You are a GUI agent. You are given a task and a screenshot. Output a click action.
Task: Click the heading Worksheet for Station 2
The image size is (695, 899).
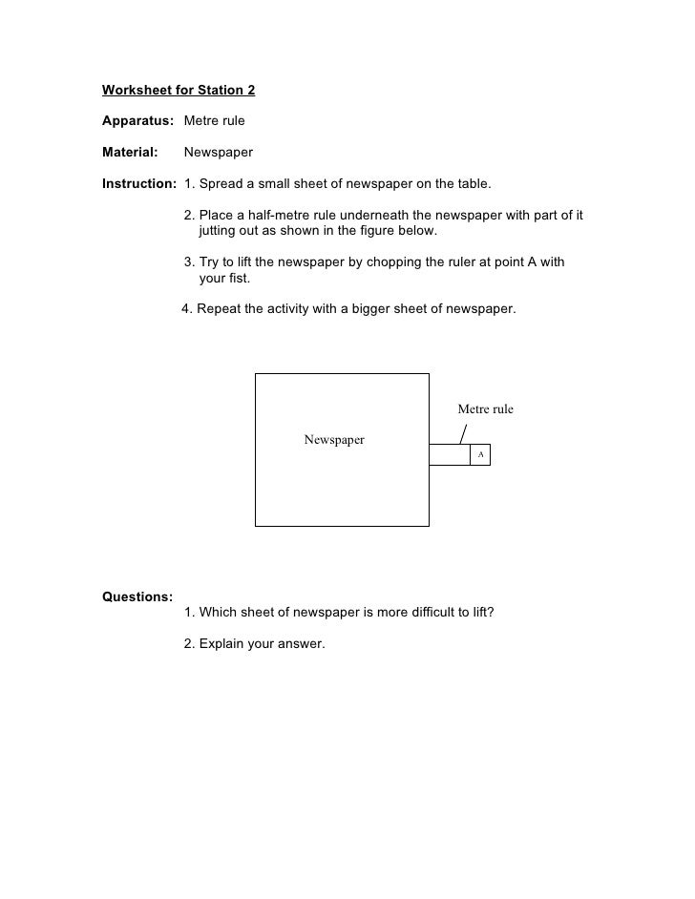point(179,92)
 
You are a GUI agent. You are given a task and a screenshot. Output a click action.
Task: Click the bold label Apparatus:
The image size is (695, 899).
point(137,122)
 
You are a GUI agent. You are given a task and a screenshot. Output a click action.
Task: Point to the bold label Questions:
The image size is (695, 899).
point(137,596)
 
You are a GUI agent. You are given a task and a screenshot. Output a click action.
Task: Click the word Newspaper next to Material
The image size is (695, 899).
point(218,153)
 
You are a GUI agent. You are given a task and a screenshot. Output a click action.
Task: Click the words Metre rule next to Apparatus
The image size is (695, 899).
point(214,122)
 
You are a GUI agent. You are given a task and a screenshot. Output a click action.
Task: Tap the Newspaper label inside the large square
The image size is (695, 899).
point(334,440)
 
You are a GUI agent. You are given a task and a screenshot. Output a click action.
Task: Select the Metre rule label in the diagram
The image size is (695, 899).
point(485,409)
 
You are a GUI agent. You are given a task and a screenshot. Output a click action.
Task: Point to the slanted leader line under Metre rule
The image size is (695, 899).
point(464,433)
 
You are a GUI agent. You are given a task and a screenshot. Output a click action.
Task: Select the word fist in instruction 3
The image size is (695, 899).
point(237,279)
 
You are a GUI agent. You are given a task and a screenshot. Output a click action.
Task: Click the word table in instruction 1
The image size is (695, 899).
point(471,183)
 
